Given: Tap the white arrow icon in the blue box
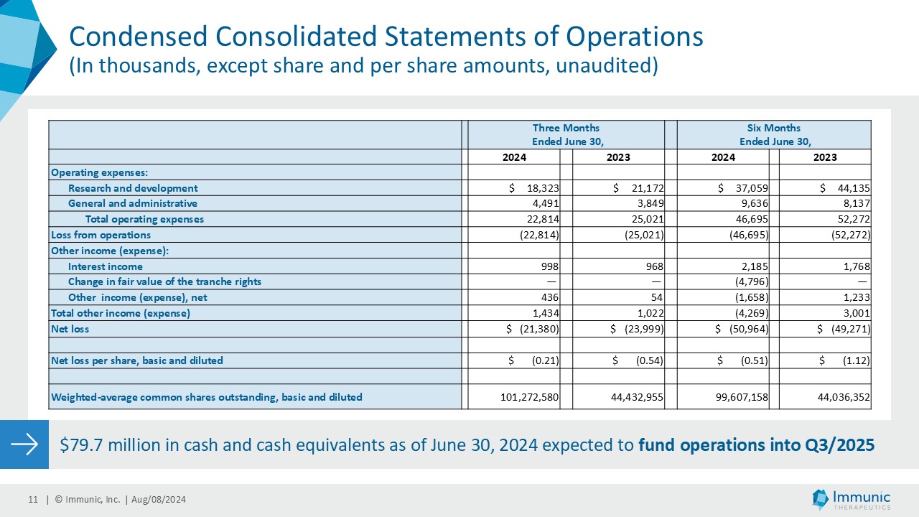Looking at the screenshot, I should coord(24,444).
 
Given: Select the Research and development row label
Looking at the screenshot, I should coord(133,188).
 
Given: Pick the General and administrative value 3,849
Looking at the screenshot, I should coord(647,203).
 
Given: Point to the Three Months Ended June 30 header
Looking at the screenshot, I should coord(565,134).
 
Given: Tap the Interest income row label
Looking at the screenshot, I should coord(106,266).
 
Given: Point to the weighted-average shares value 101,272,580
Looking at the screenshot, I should coord(530,396).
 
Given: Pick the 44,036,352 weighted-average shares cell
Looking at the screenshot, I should coord(839,396).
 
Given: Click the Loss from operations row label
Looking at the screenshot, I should coord(101,235).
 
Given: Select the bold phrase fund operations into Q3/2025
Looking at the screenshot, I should coord(756,444).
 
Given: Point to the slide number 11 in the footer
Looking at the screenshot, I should coord(32,500).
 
